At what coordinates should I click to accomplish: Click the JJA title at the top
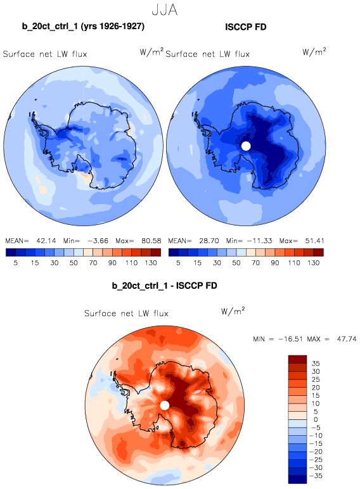point(164,10)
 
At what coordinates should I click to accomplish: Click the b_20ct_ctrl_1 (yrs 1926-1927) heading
point(83,26)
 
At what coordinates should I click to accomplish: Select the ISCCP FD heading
point(246,27)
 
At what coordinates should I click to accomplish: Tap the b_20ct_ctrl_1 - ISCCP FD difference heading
point(164,286)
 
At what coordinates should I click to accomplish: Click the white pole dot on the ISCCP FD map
point(246,146)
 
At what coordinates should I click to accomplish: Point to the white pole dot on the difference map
point(164,405)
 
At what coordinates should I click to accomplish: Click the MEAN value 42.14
point(46,241)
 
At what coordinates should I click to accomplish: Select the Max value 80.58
point(151,241)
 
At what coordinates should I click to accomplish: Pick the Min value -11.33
point(260,241)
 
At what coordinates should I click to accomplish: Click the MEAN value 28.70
point(209,241)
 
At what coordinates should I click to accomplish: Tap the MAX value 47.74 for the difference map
point(347,339)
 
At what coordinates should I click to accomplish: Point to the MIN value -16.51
point(290,339)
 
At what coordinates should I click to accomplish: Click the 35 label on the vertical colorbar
point(316,364)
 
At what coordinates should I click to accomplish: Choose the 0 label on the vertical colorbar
point(316,419)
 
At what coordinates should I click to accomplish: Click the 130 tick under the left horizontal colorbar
point(151,263)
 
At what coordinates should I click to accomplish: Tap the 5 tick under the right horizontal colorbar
point(178,263)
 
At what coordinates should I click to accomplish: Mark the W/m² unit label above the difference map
point(233,311)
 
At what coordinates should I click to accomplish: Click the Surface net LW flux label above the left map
point(45,54)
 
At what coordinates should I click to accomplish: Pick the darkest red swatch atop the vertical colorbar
point(297,359)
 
